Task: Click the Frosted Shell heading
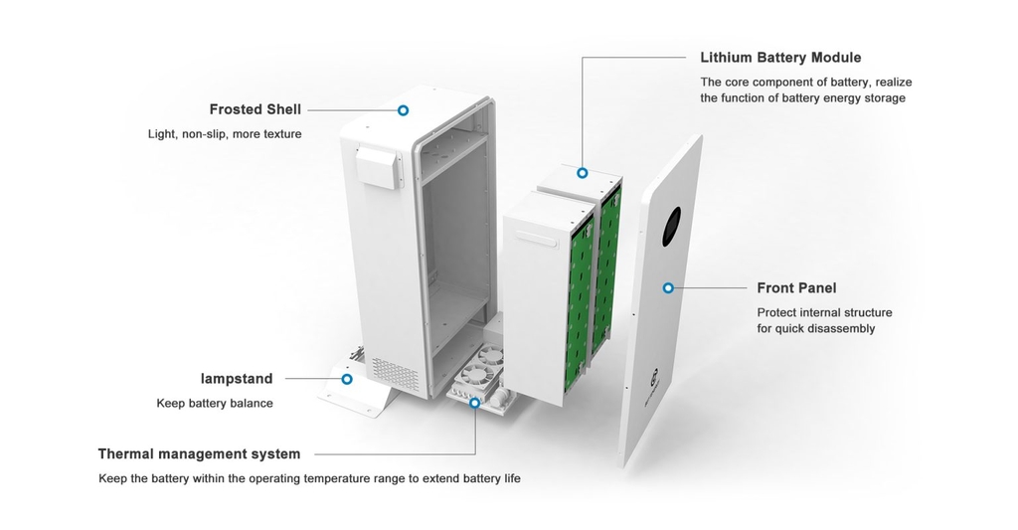[x=255, y=109]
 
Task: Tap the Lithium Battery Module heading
[x=780, y=58]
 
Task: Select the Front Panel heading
[x=796, y=287]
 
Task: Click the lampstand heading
[x=237, y=379]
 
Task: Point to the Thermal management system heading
[x=199, y=454]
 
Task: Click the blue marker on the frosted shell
[x=404, y=110]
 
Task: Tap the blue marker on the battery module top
[x=583, y=173]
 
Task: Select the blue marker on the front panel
[x=668, y=287]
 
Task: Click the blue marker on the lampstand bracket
[x=347, y=379]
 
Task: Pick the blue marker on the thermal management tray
[x=474, y=403]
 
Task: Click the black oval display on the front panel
[x=671, y=227]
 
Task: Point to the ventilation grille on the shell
[x=395, y=370]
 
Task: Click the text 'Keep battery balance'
[x=215, y=404]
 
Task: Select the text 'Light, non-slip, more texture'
[x=225, y=134]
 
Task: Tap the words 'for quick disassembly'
[x=816, y=329]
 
